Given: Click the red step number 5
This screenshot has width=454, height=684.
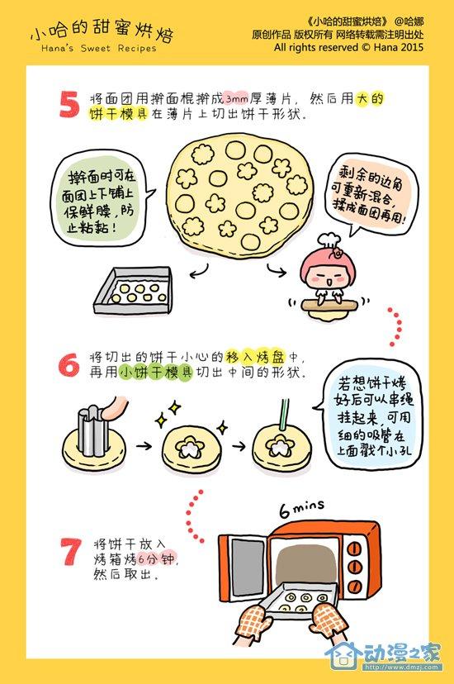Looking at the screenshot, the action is (69, 104).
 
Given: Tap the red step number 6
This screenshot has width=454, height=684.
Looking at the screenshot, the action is (69, 364).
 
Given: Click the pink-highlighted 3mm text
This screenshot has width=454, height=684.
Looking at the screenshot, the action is (237, 98).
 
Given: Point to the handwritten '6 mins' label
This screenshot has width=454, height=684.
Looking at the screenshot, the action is (302, 508).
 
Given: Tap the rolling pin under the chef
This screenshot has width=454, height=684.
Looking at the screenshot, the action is (329, 304).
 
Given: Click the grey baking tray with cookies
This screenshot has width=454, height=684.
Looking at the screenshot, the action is (132, 291).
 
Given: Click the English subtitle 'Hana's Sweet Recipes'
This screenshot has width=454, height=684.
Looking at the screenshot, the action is (98, 49).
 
